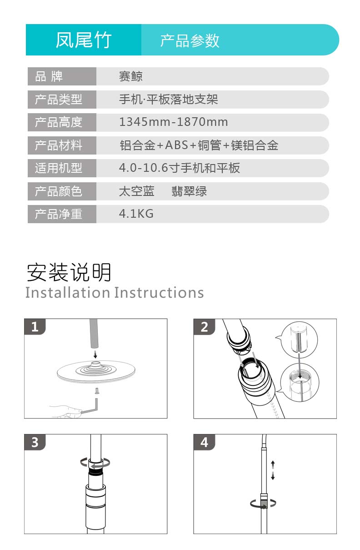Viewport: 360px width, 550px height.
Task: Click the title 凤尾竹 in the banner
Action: tap(84, 40)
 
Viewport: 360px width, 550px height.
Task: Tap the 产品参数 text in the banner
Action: tap(190, 40)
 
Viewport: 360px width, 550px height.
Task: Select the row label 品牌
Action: tap(49, 76)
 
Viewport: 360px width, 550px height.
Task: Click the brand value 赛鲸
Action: tap(130, 76)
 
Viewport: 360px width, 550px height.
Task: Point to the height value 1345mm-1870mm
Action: tap(174, 122)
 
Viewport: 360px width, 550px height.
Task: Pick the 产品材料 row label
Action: tap(59, 145)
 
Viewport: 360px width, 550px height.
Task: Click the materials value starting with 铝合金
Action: tap(199, 145)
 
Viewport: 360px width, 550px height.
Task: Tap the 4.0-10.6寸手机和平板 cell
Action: tap(179, 168)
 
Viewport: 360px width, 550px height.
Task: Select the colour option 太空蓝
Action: tap(136, 191)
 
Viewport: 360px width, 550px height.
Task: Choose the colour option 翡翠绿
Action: tap(189, 191)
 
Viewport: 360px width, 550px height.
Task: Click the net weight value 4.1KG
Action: tap(136, 214)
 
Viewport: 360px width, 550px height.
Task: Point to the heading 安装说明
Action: tap(69, 272)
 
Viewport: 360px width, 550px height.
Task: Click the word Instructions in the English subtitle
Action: tap(159, 293)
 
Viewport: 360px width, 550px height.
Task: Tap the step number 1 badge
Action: tap(35, 326)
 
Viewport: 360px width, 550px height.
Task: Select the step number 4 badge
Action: tap(204, 442)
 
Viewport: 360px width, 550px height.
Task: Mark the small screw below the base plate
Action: tap(97, 391)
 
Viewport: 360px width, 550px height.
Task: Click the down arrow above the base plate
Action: tap(95, 354)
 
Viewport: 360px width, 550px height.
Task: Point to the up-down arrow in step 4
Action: tap(273, 470)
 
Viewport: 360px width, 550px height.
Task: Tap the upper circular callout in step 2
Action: tap(299, 340)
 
